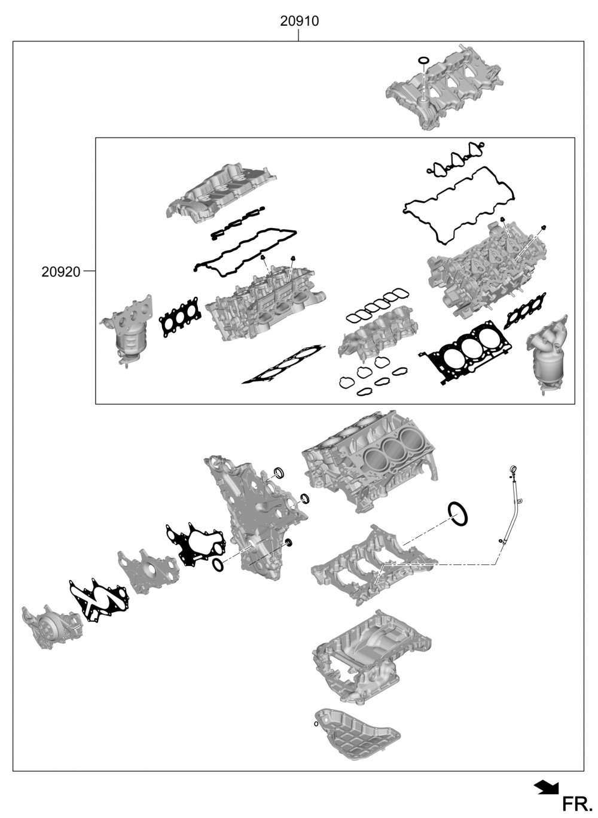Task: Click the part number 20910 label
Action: click(x=299, y=21)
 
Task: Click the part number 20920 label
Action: click(x=60, y=272)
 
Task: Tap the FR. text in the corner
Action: click(x=577, y=804)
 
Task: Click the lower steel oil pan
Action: click(x=357, y=734)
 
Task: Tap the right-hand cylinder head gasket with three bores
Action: click(x=466, y=350)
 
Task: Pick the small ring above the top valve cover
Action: click(x=423, y=60)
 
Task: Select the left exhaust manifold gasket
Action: click(x=179, y=316)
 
